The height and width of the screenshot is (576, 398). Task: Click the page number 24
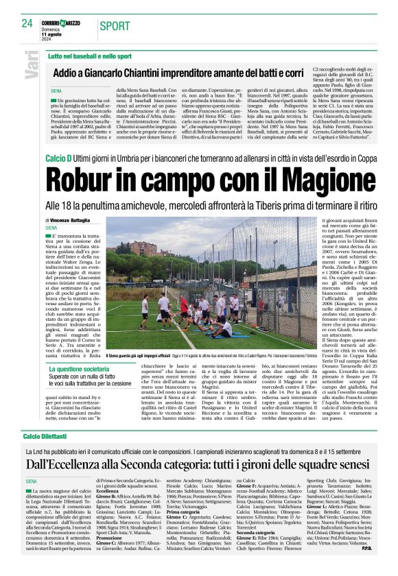point(27,23)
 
